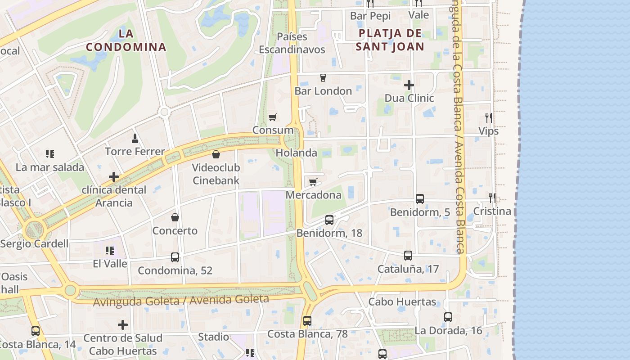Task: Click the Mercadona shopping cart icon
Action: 313,182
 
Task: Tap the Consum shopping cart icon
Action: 272,117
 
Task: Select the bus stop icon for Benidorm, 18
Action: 329,220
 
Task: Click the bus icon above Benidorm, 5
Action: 420,198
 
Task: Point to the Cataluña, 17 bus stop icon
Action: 408,256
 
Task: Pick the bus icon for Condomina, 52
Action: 175,257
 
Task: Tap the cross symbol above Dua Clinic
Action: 409,85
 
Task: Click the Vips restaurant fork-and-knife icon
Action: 489,118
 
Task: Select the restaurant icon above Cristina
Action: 493,198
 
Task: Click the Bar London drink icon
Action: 323,77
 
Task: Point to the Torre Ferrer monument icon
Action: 135,138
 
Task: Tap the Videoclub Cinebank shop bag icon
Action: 216,154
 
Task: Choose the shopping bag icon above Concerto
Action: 175,217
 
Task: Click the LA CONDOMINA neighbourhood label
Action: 126,40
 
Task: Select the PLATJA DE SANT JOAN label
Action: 390,40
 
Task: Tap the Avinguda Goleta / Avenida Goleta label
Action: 181,300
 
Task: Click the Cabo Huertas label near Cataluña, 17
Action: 402,301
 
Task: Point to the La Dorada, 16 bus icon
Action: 448,317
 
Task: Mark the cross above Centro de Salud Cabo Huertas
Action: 123,324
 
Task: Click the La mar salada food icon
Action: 50,154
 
